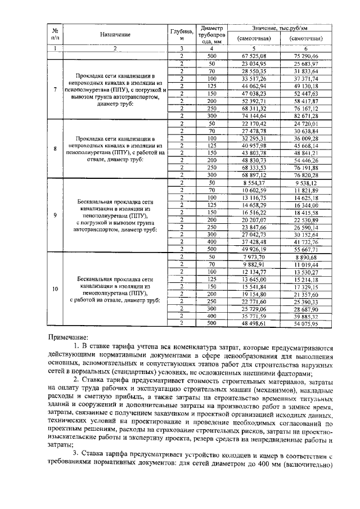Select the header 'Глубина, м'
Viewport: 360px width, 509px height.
[182, 35]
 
